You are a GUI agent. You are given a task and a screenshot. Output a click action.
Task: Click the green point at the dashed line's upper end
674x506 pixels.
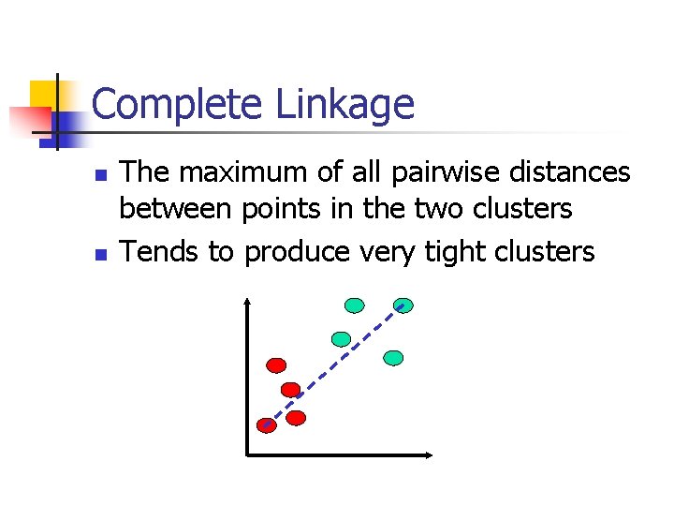(x=403, y=305)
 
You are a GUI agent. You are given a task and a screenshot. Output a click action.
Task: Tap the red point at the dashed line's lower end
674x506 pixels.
(x=267, y=425)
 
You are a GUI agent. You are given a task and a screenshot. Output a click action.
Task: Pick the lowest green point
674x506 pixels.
(x=394, y=357)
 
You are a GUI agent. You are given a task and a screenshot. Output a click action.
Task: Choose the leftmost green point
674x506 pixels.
(x=342, y=338)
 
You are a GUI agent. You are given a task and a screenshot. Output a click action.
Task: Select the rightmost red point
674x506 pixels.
(x=297, y=418)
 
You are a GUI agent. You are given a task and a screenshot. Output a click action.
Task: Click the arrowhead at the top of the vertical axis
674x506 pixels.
(x=247, y=302)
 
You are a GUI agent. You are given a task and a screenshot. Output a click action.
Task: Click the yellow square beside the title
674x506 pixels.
(x=44, y=95)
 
